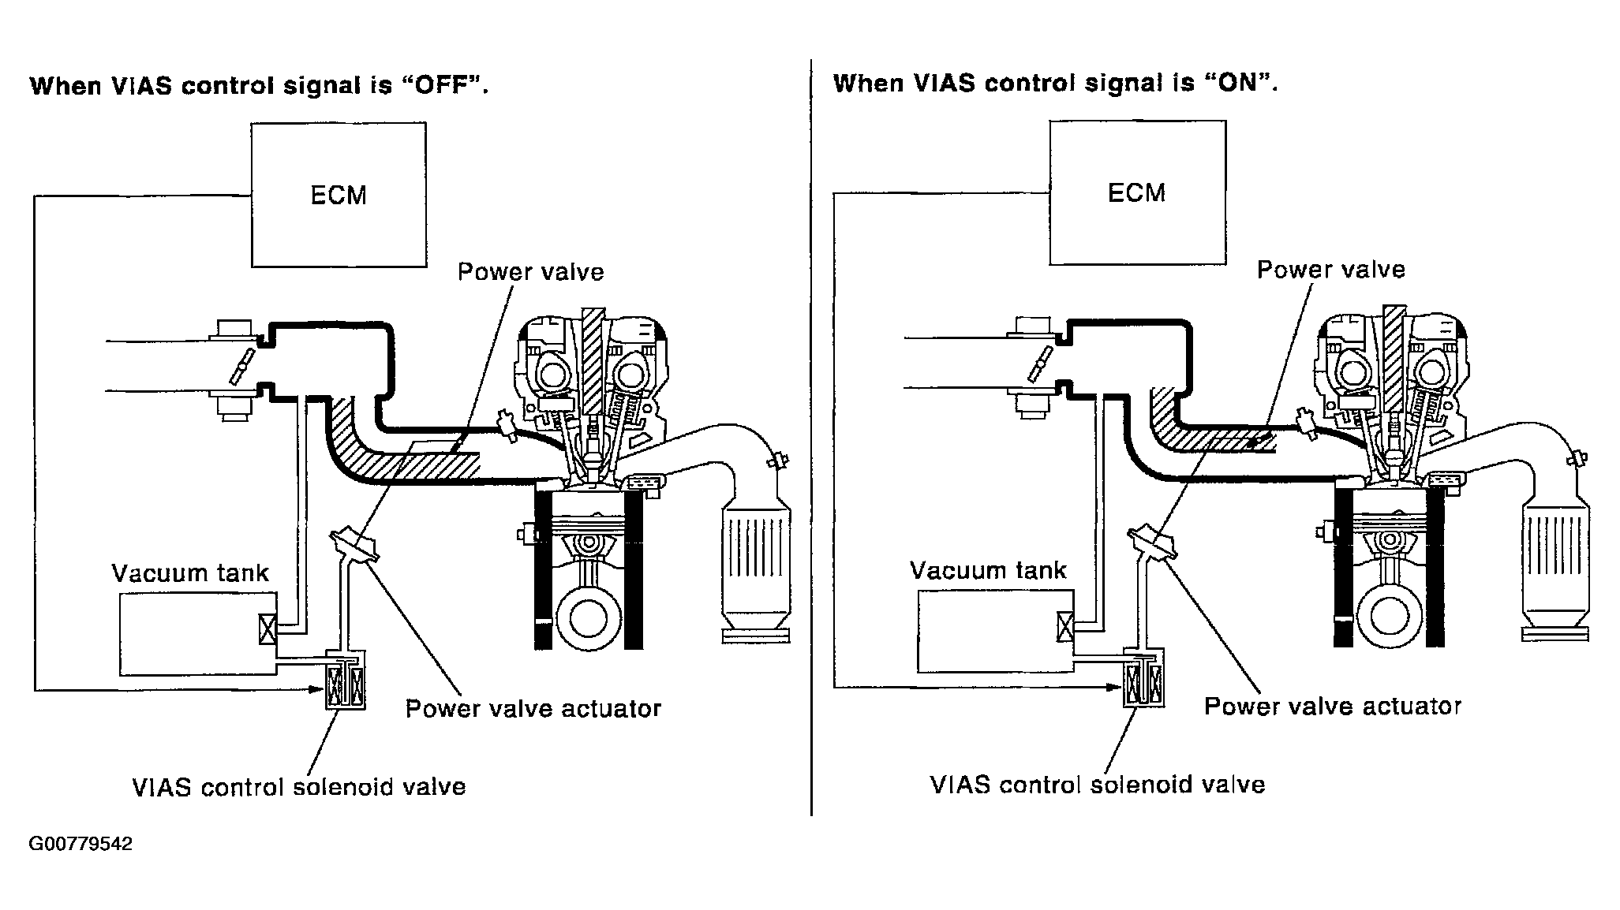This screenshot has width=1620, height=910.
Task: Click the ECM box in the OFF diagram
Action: [339, 194]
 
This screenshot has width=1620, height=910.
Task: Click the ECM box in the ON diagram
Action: [1137, 192]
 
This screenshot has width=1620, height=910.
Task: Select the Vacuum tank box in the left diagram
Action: [198, 633]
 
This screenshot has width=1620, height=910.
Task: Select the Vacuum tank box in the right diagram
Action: [996, 631]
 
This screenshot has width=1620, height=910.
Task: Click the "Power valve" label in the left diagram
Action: [531, 272]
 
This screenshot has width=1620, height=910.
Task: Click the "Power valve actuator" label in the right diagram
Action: [1333, 706]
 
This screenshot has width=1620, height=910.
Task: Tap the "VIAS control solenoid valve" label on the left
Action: [299, 787]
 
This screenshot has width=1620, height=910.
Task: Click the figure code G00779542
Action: [80, 845]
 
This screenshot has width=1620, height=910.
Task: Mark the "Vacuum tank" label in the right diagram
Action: [988, 570]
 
